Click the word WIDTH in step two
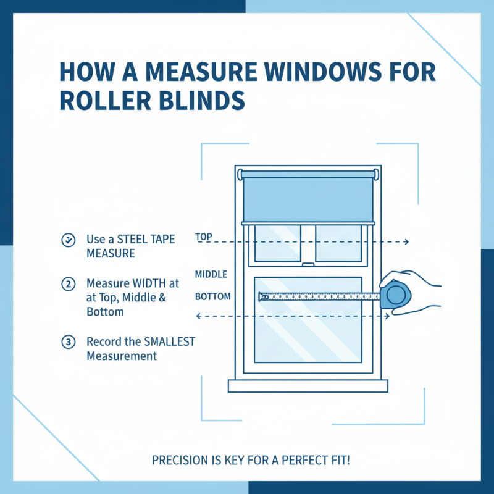click(146, 283)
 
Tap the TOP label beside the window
click(204, 237)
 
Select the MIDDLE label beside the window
click(211, 274)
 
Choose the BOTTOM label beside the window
click(212, 296)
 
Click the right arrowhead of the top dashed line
click(406, 242)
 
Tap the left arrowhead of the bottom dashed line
click(197, 316)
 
